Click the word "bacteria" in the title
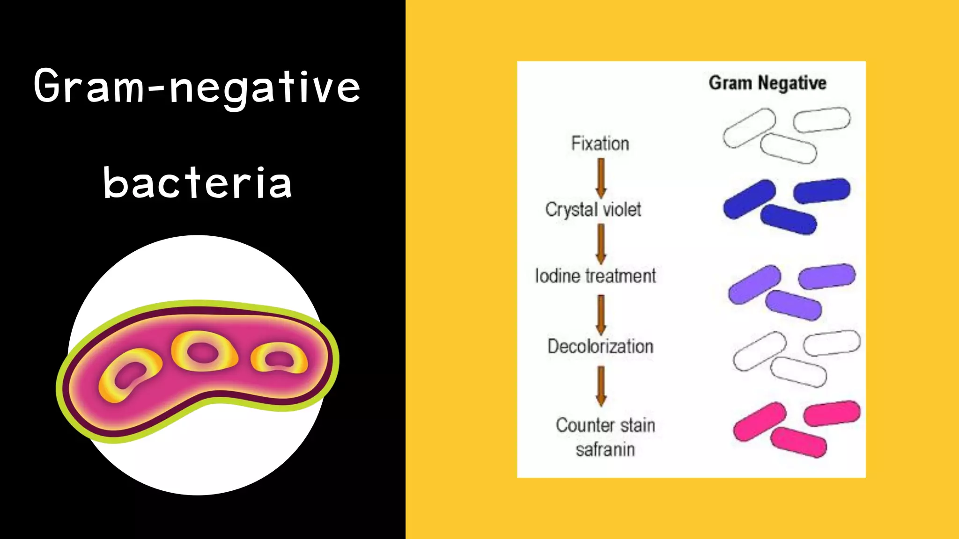point(198,183)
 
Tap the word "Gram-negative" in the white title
point(197,87)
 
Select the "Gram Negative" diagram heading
point(767,83)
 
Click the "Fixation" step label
point(600,144)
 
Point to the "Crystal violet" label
point(593,210)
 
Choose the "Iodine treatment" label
point(595,276)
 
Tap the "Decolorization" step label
point(600,347)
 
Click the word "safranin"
point(605,450)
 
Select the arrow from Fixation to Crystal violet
point(601,178)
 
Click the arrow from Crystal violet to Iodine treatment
point(601,244)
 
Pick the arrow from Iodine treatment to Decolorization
point(601,314)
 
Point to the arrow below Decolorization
point(601,386)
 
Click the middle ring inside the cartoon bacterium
point(204,351)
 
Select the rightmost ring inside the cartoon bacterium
point(280,359)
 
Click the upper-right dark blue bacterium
point(822,190)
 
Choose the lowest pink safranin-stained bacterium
point(798,443)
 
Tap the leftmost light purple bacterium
point(754,284)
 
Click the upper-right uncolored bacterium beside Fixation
point(822,120)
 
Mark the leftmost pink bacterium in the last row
point(759,421)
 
